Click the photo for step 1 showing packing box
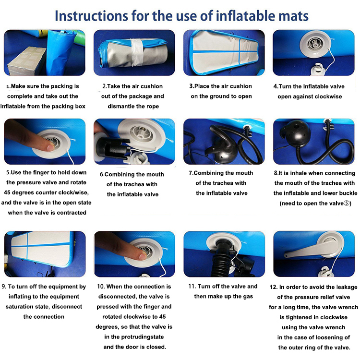pyautogui.click(x=45, y=53)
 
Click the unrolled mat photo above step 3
pyautogui.click(x=224, y=53)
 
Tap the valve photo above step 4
pyautogui.click(x=313, y=53)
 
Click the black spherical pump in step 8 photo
pyautogui.click(x=293, y=135)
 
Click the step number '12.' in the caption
pyautogui.click(x=274, y=287)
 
